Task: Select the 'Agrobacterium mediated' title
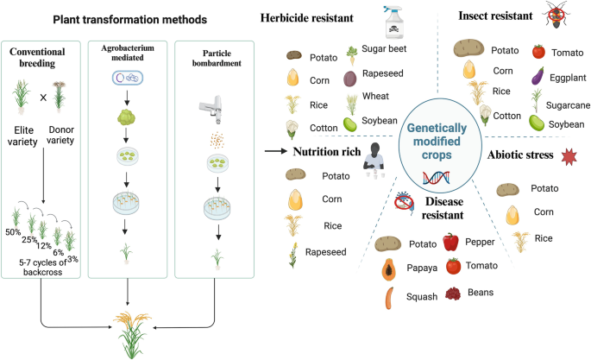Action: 130,55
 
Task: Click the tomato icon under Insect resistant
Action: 538,51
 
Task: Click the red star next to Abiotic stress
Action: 569,155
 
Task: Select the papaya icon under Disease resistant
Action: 388,268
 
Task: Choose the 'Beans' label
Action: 481,293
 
